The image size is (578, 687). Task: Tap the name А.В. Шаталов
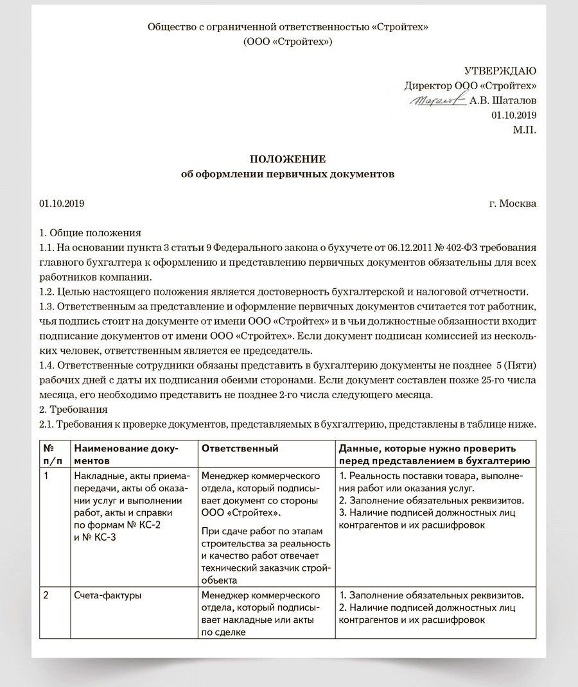click(504, 101)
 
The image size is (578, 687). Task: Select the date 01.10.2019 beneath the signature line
click(514, 116)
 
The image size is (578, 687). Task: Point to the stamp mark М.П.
click(525, 130)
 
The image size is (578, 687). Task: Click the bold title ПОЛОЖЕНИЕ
click(288, 159)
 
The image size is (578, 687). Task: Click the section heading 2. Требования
click(74, 410)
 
